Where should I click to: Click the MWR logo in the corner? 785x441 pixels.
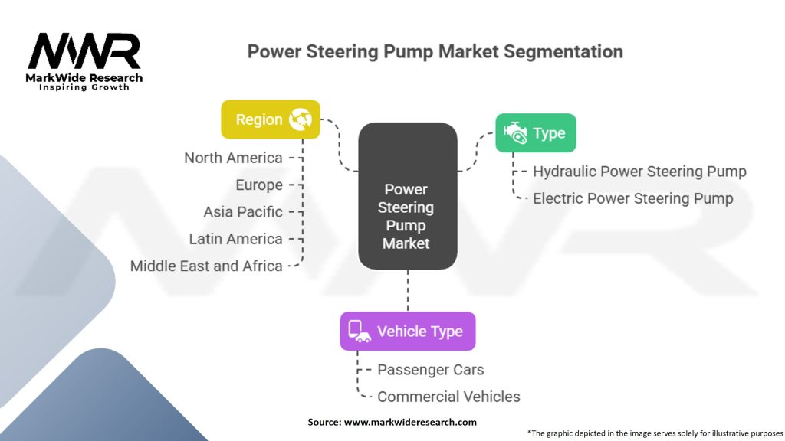pos(84,52)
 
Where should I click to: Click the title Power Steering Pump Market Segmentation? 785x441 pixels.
pos(435,52)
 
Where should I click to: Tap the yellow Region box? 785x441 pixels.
pos(271,119)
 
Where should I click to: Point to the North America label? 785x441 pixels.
pos(233,158)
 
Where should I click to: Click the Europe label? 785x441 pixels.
pos(259,185)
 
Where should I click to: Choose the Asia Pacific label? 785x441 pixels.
pos(243,212)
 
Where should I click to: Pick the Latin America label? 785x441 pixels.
pos(235,239)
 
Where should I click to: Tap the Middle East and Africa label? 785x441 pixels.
pos(206,266)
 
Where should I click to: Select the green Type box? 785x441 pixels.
pos(535,133)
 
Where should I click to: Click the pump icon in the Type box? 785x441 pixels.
pos(515,133)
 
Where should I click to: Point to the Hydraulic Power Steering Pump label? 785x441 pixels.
pos(639,171)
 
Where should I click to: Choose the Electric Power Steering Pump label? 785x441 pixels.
pos(632,198)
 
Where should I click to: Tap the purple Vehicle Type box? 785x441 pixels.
pos(407,332)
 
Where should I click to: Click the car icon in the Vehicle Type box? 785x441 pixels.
pos(359,332)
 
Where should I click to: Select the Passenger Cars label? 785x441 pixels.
pos(431,370)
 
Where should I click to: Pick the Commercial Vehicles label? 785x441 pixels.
pos(448,397)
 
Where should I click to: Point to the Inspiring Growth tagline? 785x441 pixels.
pos(84,87)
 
